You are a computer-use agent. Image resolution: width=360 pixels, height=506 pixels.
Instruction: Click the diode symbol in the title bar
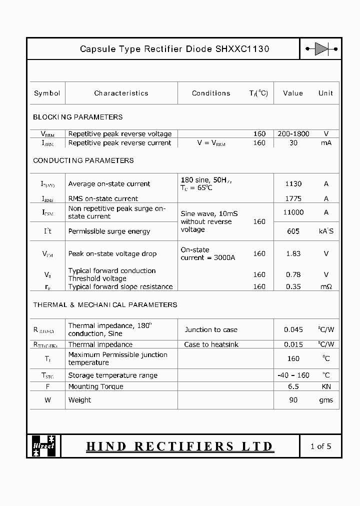pos(321,49)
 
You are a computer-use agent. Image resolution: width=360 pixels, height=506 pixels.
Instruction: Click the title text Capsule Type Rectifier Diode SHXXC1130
pos(174,49)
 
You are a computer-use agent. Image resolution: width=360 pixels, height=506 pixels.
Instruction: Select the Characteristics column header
pos(121,93)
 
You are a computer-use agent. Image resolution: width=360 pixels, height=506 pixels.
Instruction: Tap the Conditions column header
pos(211,93)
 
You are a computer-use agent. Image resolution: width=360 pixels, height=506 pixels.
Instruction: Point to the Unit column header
pos(325,93)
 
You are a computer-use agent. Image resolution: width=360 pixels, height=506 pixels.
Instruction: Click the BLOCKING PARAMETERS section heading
pos(77,117)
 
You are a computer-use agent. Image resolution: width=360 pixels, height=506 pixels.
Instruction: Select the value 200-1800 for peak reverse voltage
pos(293,134)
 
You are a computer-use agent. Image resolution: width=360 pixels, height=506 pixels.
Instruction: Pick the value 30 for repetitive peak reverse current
pos(293,143)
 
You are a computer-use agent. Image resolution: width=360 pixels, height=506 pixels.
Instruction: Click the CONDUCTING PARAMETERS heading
pos(83,160)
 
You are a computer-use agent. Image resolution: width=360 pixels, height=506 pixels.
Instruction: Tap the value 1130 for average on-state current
pos(293,183)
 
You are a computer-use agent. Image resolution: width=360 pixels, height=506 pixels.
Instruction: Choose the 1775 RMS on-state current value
pos(293,198)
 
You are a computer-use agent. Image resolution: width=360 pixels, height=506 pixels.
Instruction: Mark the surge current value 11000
pos(293,212)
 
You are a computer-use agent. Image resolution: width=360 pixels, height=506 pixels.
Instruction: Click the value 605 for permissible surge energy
pos(293,231)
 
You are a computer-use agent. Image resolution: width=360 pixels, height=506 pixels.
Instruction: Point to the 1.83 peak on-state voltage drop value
pos(293,253)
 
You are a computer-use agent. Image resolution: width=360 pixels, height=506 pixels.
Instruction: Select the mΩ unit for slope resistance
pos(326,286)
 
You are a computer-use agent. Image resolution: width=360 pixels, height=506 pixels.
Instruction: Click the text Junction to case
pos(211,329)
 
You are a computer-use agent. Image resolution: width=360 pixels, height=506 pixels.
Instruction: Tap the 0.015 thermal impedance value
pos(293,344)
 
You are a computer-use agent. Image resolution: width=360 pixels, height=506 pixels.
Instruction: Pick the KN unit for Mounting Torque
pos(326,386)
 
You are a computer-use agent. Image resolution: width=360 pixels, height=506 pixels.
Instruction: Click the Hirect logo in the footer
pos(44,446)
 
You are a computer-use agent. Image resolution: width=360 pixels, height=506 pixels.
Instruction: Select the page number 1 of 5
pos(320,446)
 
